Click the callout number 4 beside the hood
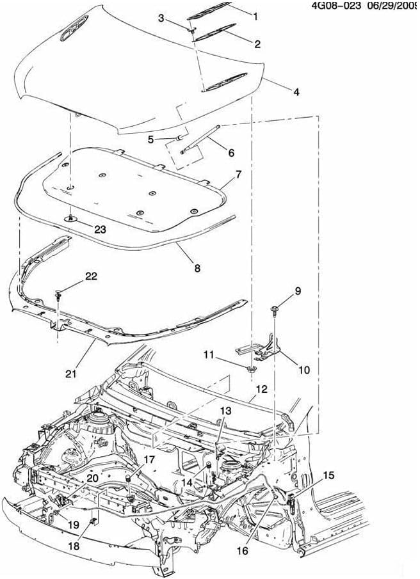(296, 92)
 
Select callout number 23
(100, 229)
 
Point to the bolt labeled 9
(275, 310)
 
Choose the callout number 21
(71, 374)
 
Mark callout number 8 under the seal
(197, 268)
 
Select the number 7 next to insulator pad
(239, 175)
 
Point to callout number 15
(328, 475)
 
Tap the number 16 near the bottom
(242, 551)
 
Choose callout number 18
(74, 546)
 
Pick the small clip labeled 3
(193, 29)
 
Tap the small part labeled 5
(179, 138)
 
